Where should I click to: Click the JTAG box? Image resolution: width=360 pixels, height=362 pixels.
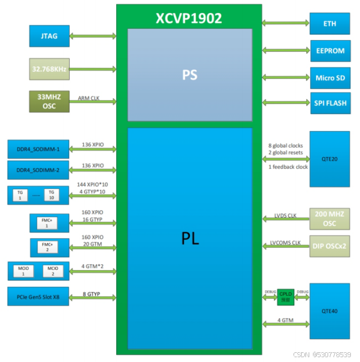pyautogui.click(x=50, y=36)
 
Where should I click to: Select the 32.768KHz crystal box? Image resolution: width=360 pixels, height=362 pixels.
pyautogui.click(x=50, y=69)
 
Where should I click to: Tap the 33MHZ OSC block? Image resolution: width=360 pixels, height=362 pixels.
pyautogui.click(x=50, y=102)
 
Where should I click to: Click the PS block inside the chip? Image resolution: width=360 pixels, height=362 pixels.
pyautogui.click(x=190, y=75)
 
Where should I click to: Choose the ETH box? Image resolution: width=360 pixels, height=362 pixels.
pyautogui.click(x=329, y=23)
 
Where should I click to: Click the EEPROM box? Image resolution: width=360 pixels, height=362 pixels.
pyautogui.click(x=329, y=50)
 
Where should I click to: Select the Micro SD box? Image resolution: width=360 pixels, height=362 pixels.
pyautogui.click(x=329, y=77)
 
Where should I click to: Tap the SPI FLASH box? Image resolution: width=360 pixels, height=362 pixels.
pyautogui.click(x=329, y=103)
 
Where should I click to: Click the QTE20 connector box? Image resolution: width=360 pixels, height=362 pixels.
pyautogui.click(x=329, y=159)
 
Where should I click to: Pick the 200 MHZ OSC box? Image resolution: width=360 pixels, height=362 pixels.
pyautogui.click(x=329, y=219)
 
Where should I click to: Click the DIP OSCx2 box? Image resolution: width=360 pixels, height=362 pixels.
pyautogui.click(x=329, y=246)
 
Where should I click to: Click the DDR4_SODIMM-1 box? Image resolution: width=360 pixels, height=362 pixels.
pyautogui.click(x=38, y=149)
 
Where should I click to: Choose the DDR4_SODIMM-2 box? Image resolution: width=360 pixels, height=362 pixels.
pyautogui.click(x=38, y=170)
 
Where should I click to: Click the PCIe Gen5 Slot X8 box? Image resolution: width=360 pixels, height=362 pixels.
pyautogui.click(x=38, y=296)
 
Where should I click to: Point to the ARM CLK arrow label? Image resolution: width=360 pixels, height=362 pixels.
pyautogui.click(x=88, y=98)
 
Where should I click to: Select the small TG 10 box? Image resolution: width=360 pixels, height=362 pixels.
pyautogui.click(x=52, y=195)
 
